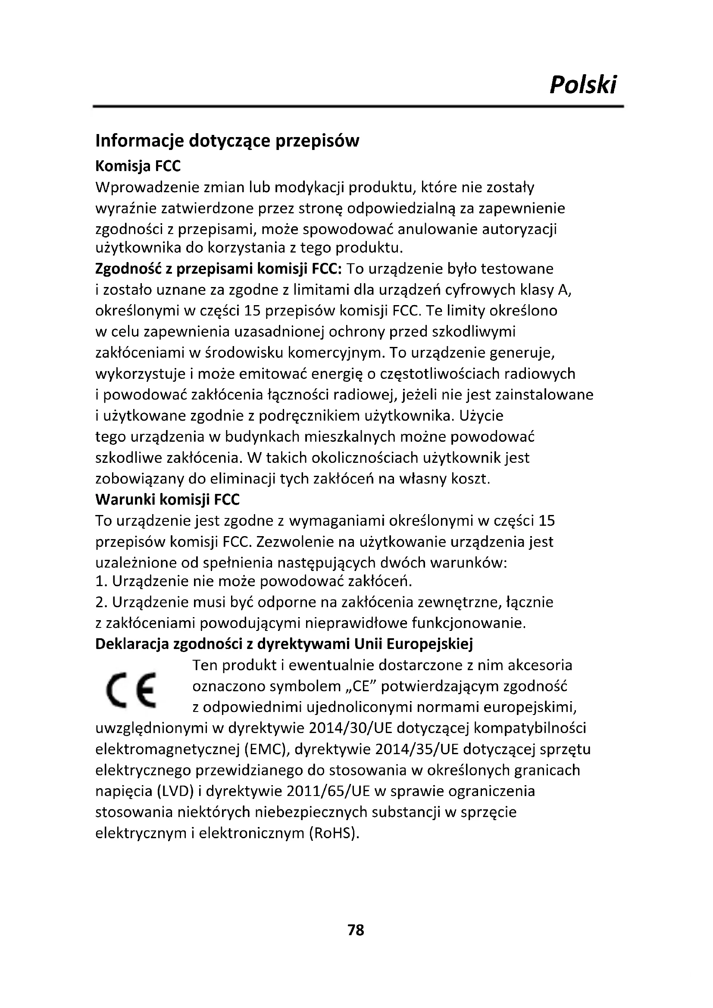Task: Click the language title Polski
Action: pyautogui.click(x=583, y=84)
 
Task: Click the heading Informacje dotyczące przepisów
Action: pyautogui.click(x=227, y=141)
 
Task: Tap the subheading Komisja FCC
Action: pyautogui.click(x=138, y=166)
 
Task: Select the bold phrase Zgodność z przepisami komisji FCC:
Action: pyautogui.click(x=218, y=268)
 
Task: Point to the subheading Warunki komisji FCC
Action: pyautogui.click(x=168, y=499)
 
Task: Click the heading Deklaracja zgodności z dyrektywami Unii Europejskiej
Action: pyautogui.click(x=284, y=644)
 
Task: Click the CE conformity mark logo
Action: pyautogui.click(x=132, y=690)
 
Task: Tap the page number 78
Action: pyautogui.click(x=356, y=930)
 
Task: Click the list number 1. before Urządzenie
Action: pyautogui.click(x=101, y=582)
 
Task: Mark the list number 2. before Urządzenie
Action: pyautogui.click(x=101, y=602)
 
